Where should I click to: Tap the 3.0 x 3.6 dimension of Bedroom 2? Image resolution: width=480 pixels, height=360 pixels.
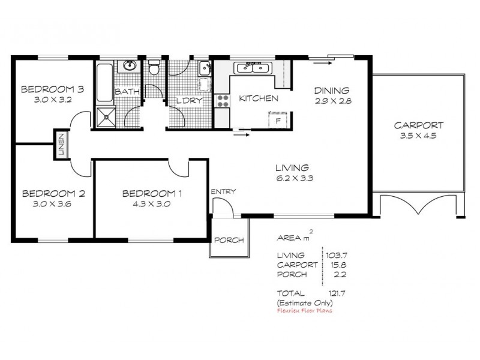click(53, 203)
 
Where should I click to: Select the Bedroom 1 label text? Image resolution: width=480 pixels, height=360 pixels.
click(152, 193)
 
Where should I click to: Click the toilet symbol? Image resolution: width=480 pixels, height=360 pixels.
click(154, 68)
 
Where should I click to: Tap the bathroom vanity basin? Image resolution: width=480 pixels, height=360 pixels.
click(130, 66)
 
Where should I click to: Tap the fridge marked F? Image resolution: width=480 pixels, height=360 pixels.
click(278, 120)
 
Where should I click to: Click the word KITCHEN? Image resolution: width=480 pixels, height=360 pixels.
click(258, 98)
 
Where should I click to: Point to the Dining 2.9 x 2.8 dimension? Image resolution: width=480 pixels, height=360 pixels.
click(332, 101)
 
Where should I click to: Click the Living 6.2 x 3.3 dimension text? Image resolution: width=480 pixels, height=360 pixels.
click(292, 178)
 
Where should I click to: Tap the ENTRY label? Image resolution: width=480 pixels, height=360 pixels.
click(223, 191)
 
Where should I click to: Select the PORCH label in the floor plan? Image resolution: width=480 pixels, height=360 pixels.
click(229, 240)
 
